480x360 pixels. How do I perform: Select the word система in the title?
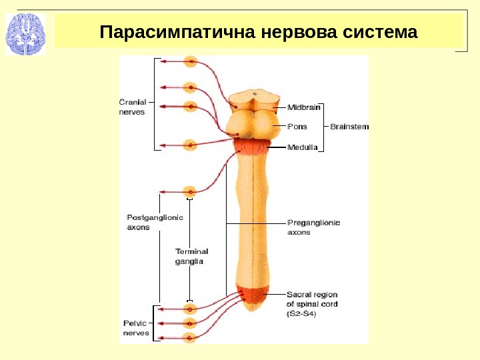379,32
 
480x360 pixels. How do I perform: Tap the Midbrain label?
304,107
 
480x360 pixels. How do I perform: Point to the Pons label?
297,126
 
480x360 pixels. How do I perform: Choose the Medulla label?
303,147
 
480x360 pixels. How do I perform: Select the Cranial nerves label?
132,107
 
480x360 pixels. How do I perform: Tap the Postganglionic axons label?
155,221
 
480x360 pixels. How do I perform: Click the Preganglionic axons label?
313,227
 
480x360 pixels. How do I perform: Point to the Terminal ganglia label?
191,256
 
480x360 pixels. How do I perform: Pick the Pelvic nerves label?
137,327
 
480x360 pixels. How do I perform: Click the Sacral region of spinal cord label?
312,303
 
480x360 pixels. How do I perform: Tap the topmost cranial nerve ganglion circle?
191,62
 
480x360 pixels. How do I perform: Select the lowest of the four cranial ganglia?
190,145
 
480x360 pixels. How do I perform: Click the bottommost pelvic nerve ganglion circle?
190,338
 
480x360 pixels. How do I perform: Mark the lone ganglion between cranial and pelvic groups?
190,191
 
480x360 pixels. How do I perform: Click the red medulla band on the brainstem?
253,148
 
